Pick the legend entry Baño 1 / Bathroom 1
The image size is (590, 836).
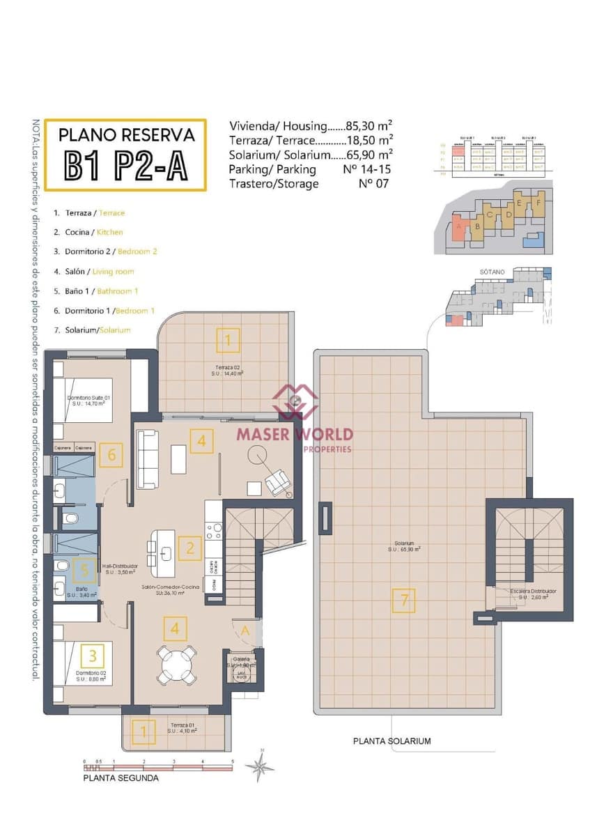pos(97,291)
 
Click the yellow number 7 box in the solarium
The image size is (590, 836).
pos(405,600)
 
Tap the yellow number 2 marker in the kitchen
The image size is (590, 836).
pos(189,548)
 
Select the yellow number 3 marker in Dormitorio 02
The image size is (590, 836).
pos(93,655)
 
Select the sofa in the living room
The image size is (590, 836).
pos(148,451)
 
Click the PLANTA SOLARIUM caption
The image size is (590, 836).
pos(391,741)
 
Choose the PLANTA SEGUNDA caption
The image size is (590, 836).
pos(121,778)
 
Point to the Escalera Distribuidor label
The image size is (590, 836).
pos(534,591)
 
